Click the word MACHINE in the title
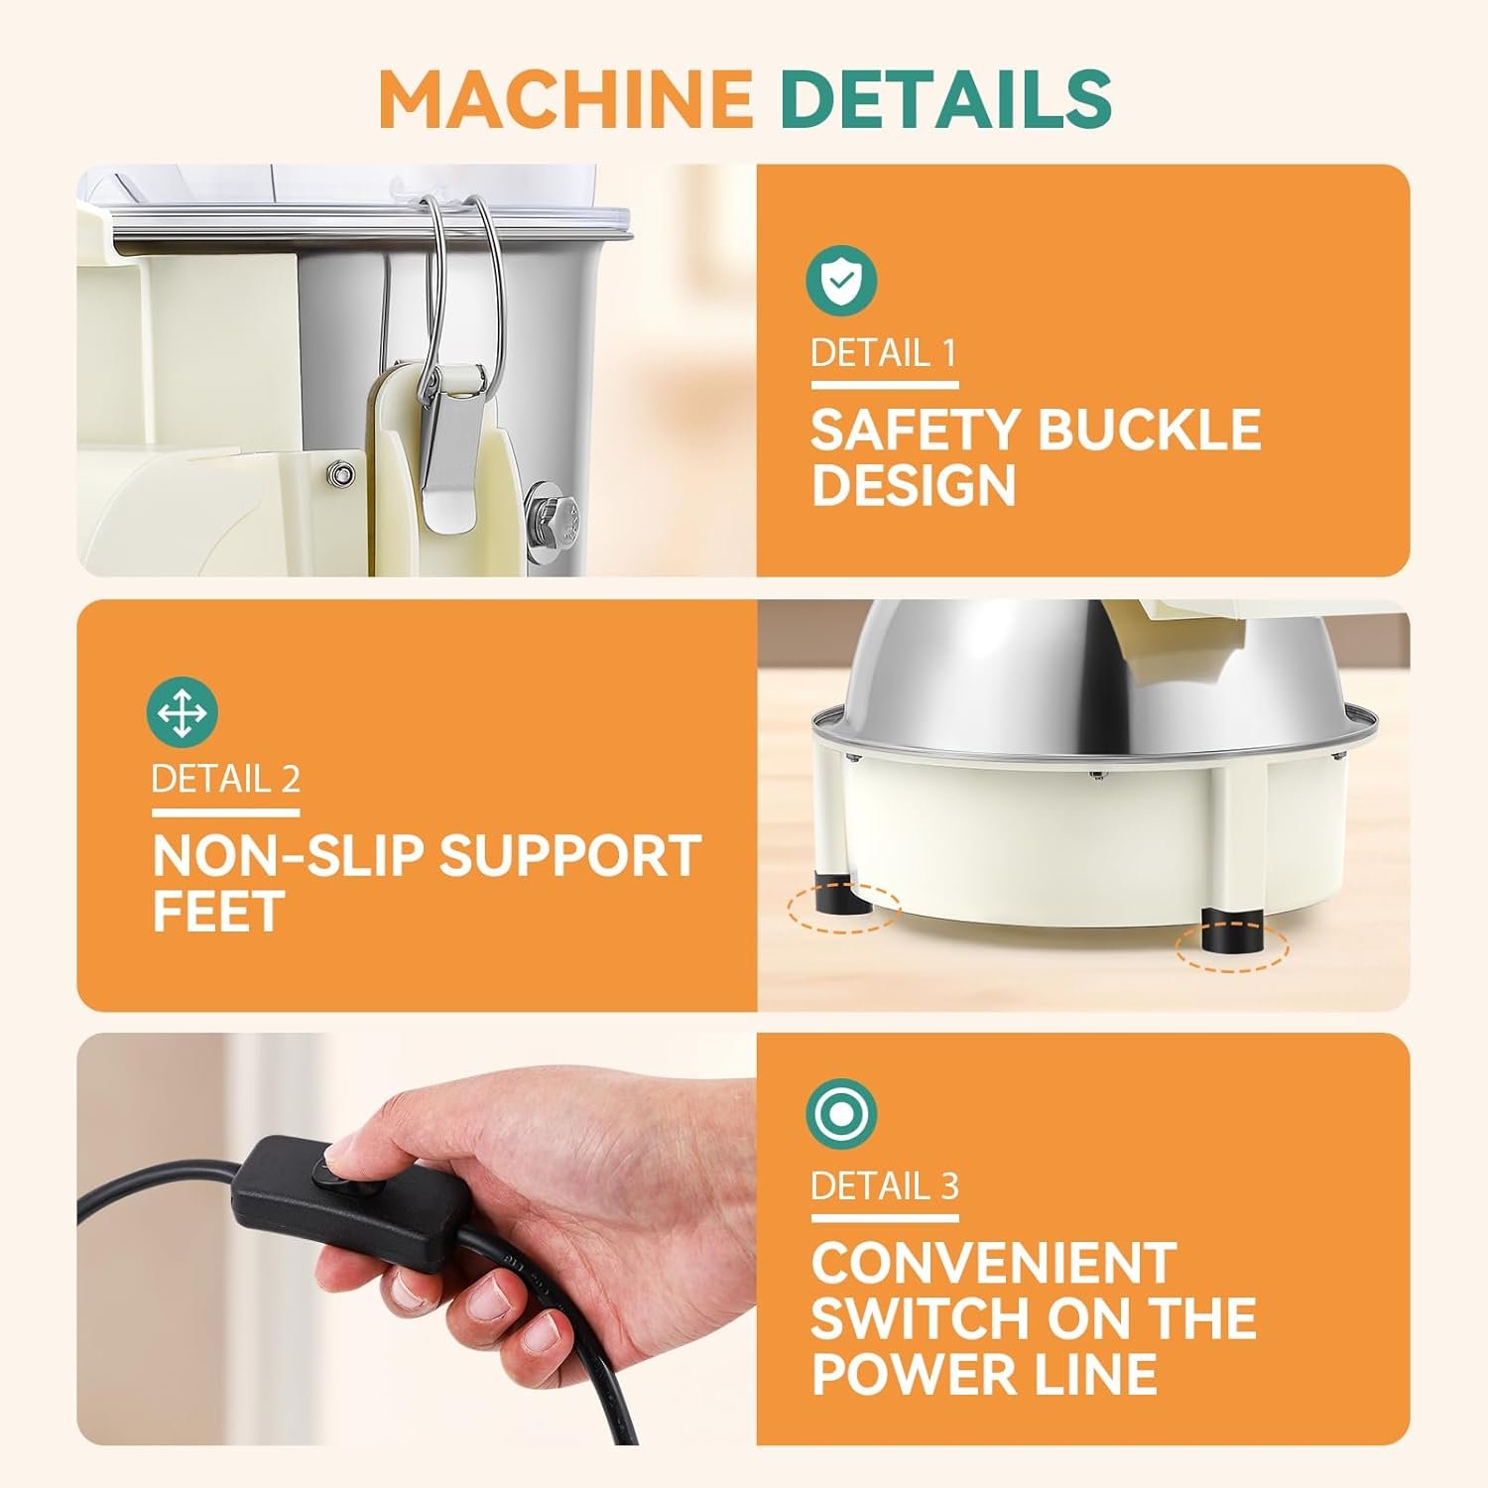(564, 98)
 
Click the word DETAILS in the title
(945, 98)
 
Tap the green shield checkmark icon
(841, 281)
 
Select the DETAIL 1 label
(883, 353)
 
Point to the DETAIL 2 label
(225, 779)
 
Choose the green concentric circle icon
(841, 1115)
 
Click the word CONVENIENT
(993, 1263)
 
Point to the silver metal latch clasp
(447, 436)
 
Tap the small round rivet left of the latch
(342, 472)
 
